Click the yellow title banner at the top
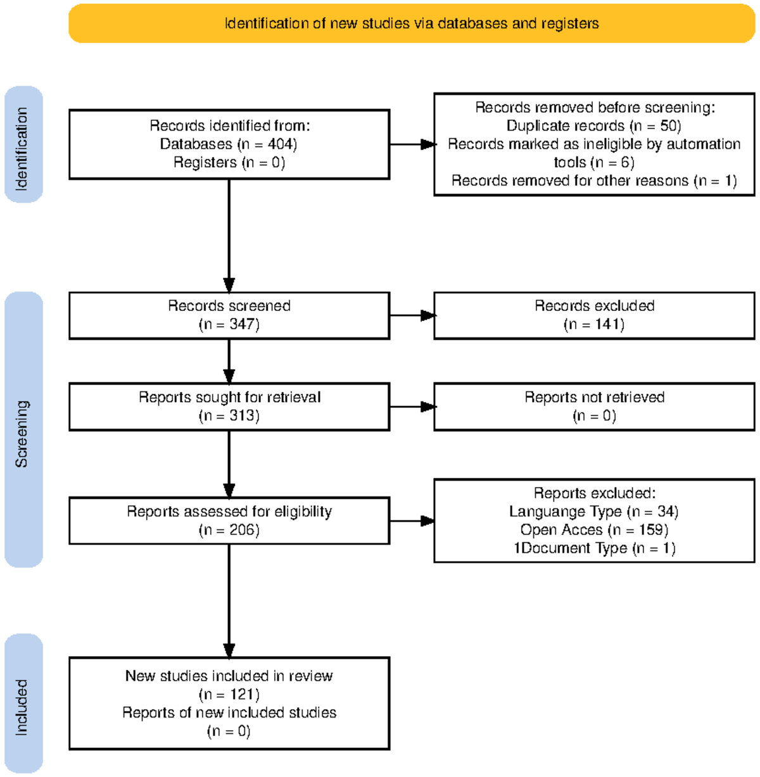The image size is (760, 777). (412, 23)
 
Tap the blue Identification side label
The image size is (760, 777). (23, 144)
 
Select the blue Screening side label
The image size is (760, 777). (23, 429)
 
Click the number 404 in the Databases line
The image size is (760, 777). (282, 144)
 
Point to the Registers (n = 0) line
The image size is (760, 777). (229, 163)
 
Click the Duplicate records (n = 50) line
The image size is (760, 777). (594, 126)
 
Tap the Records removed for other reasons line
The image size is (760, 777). (594, 181)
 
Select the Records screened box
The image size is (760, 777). (229, 315)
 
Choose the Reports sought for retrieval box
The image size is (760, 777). (229, 407)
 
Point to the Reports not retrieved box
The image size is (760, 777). (594, 407)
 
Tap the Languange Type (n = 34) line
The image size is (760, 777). (594, 512)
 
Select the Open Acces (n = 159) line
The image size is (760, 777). (594, 530)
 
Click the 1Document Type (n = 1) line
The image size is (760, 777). (594, 548)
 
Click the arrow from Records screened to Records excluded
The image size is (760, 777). (412, 315)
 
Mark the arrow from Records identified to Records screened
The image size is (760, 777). (229, 236)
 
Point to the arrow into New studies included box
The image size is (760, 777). (229, 601)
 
